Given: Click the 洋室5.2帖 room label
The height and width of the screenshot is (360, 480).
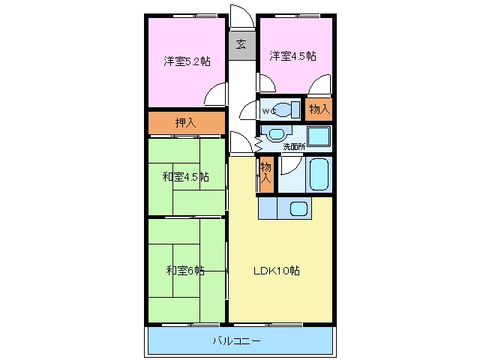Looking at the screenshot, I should tap(187, 61).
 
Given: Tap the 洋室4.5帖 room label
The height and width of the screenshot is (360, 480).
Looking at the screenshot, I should tap(292, 55).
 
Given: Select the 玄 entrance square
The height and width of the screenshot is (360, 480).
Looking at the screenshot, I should tap(241, 44).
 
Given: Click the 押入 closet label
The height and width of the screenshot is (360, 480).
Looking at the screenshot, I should tap(185, 123).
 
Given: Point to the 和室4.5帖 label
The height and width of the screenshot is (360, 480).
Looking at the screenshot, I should tap(185, 177).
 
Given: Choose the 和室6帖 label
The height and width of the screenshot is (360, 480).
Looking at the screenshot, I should tap(185, 270).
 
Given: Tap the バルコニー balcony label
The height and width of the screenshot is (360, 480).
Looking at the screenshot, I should tap(236, 341).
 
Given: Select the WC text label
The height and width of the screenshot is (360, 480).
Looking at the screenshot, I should tap(268, 111).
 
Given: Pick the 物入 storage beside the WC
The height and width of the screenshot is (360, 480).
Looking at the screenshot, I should tap(319, 109).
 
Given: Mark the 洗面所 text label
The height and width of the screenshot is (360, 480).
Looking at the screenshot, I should tap(293, 147).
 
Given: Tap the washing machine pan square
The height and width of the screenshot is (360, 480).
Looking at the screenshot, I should tap(319, 136).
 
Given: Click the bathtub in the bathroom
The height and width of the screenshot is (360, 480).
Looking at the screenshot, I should tap(320, 175).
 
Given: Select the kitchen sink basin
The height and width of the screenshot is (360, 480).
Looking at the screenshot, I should tap(299, 209).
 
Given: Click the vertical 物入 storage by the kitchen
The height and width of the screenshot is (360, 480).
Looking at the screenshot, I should tap(265, 175).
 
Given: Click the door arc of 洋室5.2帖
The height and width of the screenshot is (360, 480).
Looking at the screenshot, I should tap(216, 94).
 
